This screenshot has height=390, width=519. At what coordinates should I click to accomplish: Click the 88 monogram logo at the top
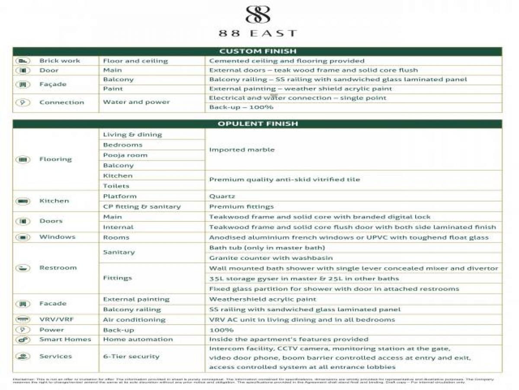pos(258,15)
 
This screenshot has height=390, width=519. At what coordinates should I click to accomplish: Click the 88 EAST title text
pos(258,33)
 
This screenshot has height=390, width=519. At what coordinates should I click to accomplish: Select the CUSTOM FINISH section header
pos(258,51)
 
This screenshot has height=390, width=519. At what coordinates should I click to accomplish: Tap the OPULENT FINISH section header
pos(258,124)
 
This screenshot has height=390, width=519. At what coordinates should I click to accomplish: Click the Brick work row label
pos(60,61)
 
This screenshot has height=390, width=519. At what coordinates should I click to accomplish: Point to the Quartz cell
pos(222,196)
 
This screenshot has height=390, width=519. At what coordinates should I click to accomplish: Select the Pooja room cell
pos(125,155)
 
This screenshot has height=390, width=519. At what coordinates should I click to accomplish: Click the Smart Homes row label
pos(65,339)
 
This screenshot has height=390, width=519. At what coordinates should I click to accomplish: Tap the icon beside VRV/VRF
pos(23,320)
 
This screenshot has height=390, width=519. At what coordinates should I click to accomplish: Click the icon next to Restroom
pos(23,268)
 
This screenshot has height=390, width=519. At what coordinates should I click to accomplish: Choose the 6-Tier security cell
pos(131,356)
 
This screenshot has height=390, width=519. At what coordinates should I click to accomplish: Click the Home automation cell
pos(138,339)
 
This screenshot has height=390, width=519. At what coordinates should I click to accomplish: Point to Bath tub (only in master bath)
pos(267,247)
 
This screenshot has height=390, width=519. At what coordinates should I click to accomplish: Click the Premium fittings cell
pos(241,207)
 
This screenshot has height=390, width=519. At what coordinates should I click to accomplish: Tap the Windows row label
pos(57,237)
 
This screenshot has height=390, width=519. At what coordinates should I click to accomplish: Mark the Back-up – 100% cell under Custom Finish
pos(241,107)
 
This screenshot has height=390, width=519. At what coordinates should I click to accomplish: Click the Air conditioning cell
pos(134,320)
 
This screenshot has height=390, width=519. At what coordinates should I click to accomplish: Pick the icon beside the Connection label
pos(23,102)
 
